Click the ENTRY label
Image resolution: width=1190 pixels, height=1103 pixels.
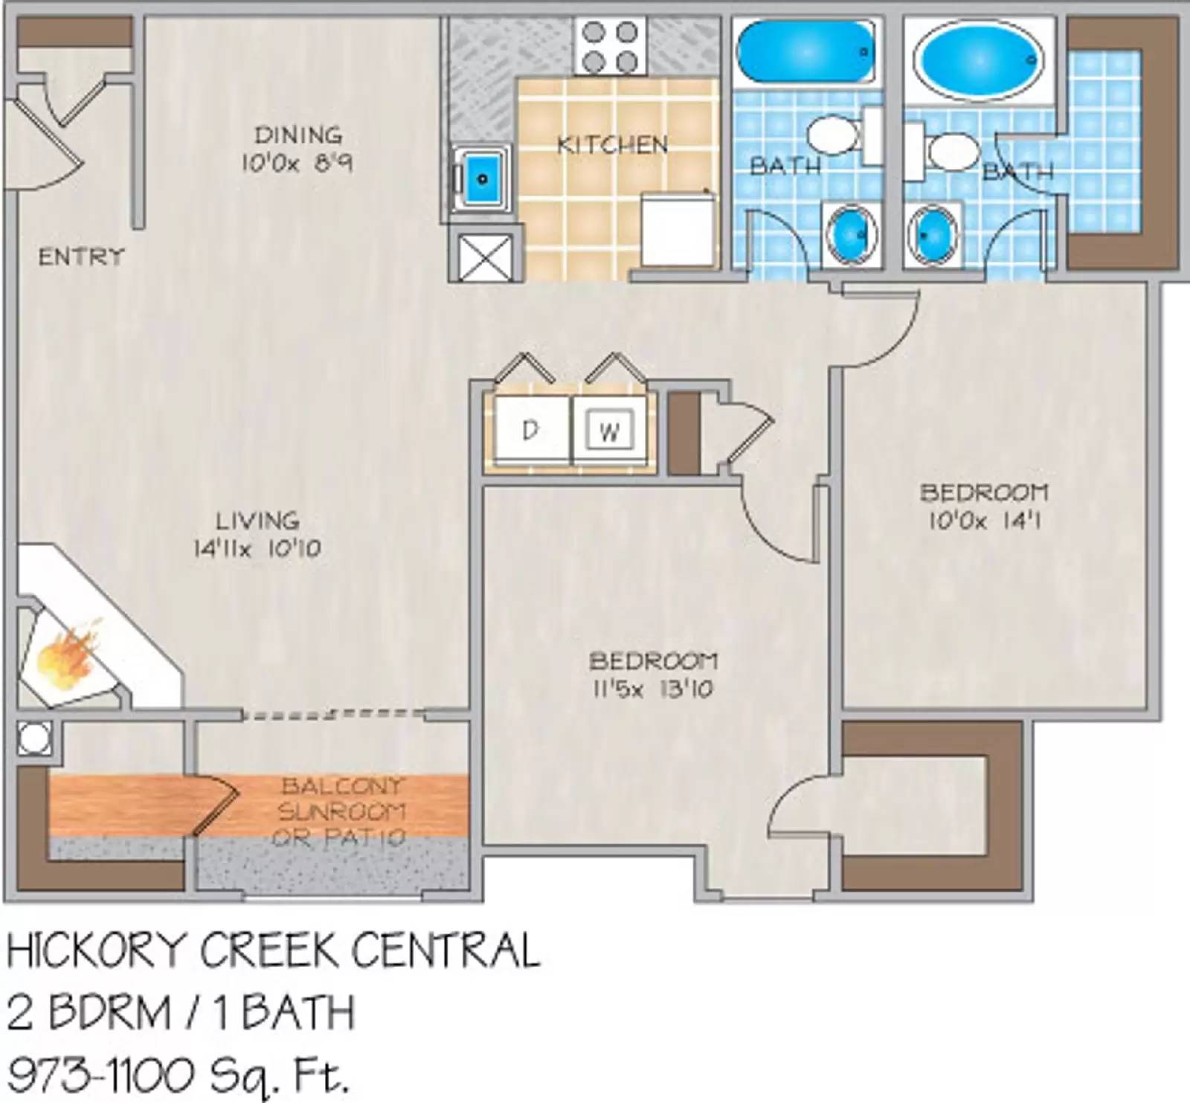click(x=81, y=257)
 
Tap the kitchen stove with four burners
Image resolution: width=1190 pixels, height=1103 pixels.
click(x=610, y=47)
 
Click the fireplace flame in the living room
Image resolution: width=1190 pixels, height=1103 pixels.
click(x=67, y=657)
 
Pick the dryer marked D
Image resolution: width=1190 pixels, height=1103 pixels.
click(x=529, y=431)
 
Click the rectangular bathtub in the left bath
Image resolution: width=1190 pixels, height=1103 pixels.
click(x=805, y=51)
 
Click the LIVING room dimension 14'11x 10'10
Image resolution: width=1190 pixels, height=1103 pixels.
click(x=257, y=549)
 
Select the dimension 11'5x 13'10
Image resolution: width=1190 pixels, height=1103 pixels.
click(x=652, y=689)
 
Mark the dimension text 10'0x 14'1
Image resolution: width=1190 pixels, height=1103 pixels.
click(x=984, y=521)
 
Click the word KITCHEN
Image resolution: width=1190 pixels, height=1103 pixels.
click(x=612, y=144)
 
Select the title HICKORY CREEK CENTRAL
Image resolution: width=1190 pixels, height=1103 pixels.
click(x=273, y=951)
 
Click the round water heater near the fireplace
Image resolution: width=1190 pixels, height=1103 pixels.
click(x=34, y=739)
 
